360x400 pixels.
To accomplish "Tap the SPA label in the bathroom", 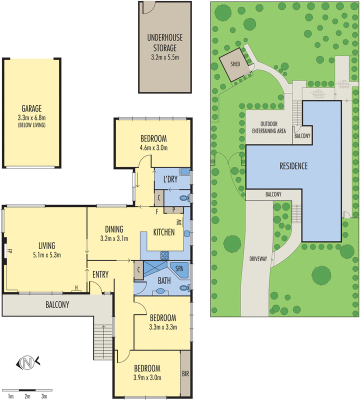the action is coord(179,268).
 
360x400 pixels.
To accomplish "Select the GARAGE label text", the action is coord(31,108).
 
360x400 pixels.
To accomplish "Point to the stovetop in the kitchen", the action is coord(164,255).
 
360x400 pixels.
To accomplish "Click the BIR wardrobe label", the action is coord(185,373).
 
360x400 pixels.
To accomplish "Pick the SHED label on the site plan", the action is coord(235,64).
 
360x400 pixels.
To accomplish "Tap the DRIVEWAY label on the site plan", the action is coord(258,259).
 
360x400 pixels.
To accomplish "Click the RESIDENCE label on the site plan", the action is coord(293,166).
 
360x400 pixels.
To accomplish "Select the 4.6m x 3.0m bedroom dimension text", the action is coord(154,147).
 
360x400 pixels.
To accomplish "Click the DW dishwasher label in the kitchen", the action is coord(179,222).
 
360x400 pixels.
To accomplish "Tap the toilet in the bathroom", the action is coord(184,288).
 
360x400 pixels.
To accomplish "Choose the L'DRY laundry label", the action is coord(170,179).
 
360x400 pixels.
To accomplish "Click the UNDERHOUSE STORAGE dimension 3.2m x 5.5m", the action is coord(165,57).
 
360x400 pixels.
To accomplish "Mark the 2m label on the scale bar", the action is coord(27,396).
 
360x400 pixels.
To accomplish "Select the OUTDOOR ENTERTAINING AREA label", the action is coord(269,127).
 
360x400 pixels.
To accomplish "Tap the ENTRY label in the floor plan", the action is coord(100,274).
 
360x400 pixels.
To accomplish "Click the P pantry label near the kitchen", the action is coord(173,209).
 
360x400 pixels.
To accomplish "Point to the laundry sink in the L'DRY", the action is coord(184,171).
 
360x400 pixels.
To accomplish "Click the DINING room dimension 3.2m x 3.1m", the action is coord(114,239).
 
